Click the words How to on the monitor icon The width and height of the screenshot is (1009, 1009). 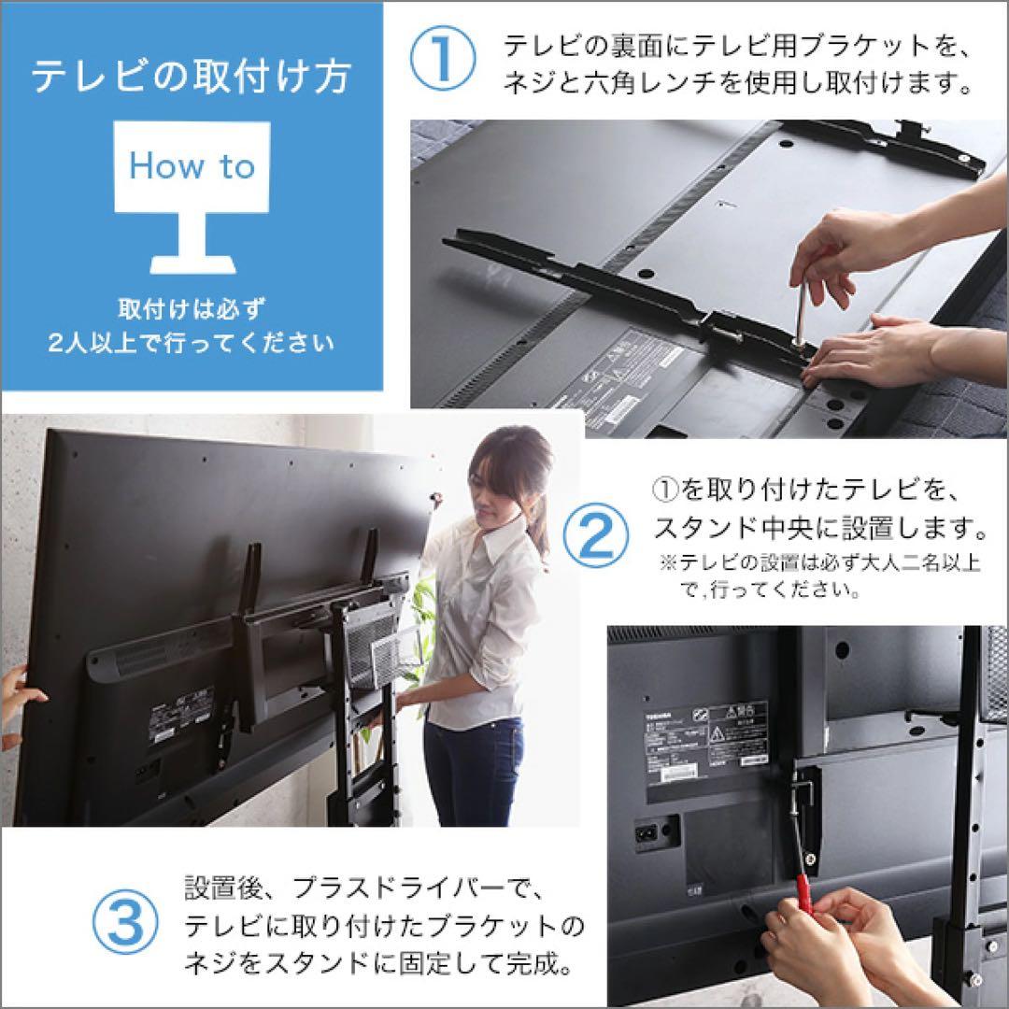(x=192, y=167)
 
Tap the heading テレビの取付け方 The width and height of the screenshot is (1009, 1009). (x=191, y=77)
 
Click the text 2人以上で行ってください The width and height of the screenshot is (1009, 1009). (x=191, y=343)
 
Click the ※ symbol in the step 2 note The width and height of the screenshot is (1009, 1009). (x=667, y=564)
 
